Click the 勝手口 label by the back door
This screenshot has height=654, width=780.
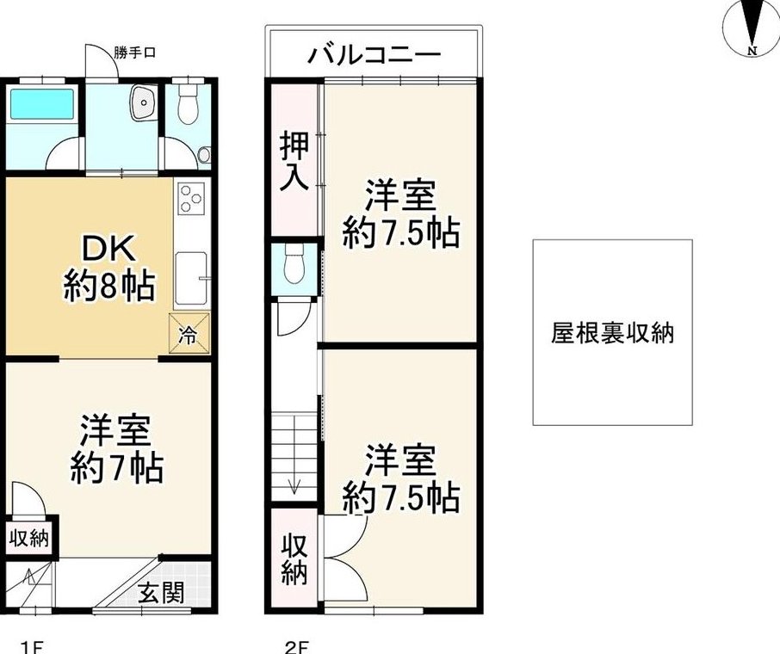tap(134, 52)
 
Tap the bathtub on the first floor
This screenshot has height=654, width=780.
tap(42, 104)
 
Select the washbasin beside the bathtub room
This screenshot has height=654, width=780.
tap(143, 102)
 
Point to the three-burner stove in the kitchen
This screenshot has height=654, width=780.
tap(191, 199)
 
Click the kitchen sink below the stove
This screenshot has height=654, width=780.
tap(190, 279)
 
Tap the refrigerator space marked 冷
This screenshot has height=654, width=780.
tap(189, 333)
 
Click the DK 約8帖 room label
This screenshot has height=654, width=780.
tap(109, 268)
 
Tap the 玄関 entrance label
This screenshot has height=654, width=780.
tap(161, 592)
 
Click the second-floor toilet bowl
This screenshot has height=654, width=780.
tap(294, 264)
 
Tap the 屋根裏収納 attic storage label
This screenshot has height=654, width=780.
tap(612, 333)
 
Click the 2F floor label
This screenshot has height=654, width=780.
tap(297, 646)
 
